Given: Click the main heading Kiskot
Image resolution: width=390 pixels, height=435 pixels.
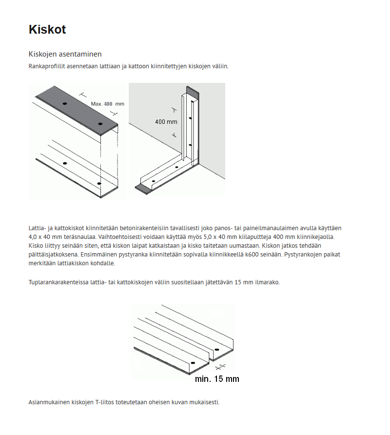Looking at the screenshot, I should [47, 30].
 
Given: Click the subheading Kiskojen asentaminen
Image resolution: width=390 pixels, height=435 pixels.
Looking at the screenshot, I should [65, 54].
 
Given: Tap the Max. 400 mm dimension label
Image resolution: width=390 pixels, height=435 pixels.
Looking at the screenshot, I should [107, 104].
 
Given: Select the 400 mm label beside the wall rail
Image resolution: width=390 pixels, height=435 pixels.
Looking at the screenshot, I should [166, 121].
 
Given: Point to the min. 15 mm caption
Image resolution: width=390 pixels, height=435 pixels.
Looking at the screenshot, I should [217, 378].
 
